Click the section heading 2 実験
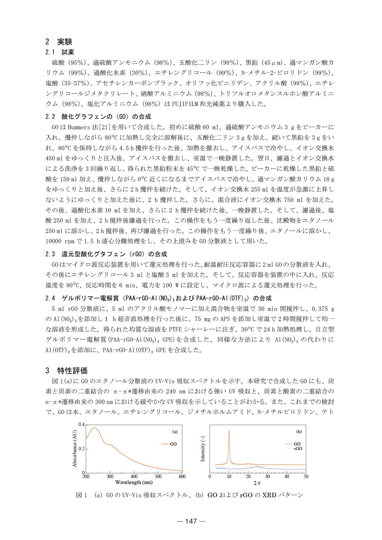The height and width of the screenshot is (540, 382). point(59,42)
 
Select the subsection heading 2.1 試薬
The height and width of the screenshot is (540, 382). point(60,52)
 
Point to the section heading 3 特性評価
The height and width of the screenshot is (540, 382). point(66,370)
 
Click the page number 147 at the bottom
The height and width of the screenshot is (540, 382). point(191,521)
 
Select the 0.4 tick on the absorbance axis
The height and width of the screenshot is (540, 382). point(81,424)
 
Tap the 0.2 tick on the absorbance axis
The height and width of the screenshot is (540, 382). point(81,449)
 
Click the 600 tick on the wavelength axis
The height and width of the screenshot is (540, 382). point(182,476)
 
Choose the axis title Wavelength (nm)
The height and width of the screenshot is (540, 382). point(134,482)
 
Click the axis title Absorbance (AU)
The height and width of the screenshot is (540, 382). point(75,448)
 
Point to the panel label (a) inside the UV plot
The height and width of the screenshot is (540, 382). point(175,432)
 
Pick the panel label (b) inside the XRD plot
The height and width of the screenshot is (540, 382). point(299,432)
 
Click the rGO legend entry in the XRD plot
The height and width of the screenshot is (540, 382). point(298,448)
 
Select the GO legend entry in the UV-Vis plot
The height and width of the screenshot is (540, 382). point(173,444)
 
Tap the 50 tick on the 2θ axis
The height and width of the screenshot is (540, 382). point(306,476)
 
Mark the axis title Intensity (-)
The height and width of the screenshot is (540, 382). point(203,449)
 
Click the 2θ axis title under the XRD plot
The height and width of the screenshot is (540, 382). point(257,483)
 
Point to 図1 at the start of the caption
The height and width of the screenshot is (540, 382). point(81,495)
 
